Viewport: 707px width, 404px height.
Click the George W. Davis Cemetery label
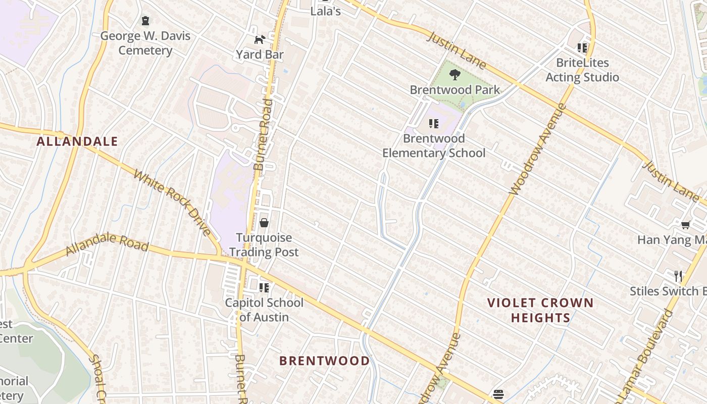[145, 43]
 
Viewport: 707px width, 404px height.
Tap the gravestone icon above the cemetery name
[145, 21]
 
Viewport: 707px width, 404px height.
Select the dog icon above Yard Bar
[260, 39]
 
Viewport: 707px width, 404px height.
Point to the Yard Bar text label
[260, 55]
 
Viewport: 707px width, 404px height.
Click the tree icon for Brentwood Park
[454, 75]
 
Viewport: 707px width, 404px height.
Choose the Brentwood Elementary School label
[433, 145]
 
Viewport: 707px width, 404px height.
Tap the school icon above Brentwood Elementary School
[433, 123]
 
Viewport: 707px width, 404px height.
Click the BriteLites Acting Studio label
[582, 70]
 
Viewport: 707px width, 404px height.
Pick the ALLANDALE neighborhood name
[77, 141]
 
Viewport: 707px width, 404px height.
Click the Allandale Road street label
[107, 243]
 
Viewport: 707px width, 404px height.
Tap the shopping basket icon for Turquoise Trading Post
[264, 223]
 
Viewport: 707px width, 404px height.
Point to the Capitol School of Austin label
[264, 310]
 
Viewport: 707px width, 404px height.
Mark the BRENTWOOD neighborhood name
[324, 361]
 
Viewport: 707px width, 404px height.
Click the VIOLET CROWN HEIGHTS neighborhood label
[540, 310]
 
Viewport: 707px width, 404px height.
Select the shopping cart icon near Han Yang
[685, 225]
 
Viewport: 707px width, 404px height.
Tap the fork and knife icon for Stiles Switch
[678, 276]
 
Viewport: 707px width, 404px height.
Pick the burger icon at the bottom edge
[498, 394]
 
